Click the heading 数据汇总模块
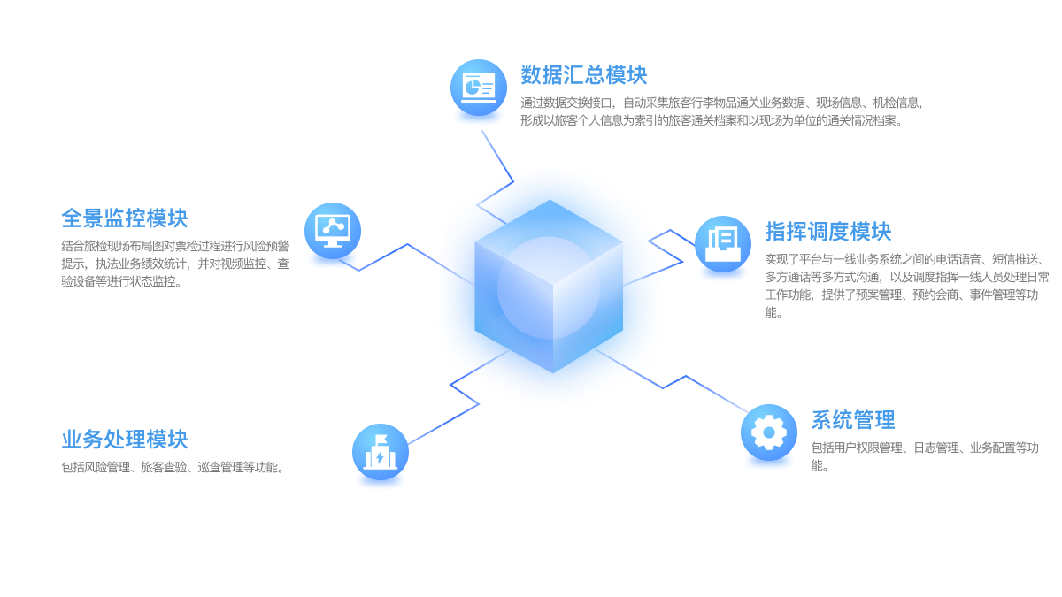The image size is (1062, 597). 584,75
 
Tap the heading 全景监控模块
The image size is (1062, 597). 125,218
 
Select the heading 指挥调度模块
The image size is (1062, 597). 828,232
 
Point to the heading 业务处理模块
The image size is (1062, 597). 125,439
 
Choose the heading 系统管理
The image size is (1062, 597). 853,419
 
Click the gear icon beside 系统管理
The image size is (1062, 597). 768,432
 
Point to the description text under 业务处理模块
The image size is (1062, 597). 173,467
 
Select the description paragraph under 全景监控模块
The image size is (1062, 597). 174,264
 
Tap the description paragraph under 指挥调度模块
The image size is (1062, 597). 905,286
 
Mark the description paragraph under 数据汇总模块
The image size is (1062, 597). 721,112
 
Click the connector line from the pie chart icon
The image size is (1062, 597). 496,155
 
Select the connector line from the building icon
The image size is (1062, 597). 442,425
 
